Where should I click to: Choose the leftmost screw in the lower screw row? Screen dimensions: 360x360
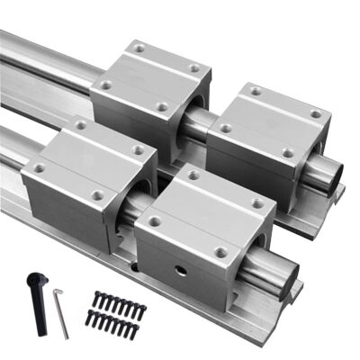tap(89, 317)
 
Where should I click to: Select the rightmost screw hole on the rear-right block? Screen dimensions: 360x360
tap(316, 114)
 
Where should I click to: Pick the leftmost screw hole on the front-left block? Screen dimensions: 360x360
tap(39, 167)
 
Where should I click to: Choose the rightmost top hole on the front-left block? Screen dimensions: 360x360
tap(138, 150)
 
